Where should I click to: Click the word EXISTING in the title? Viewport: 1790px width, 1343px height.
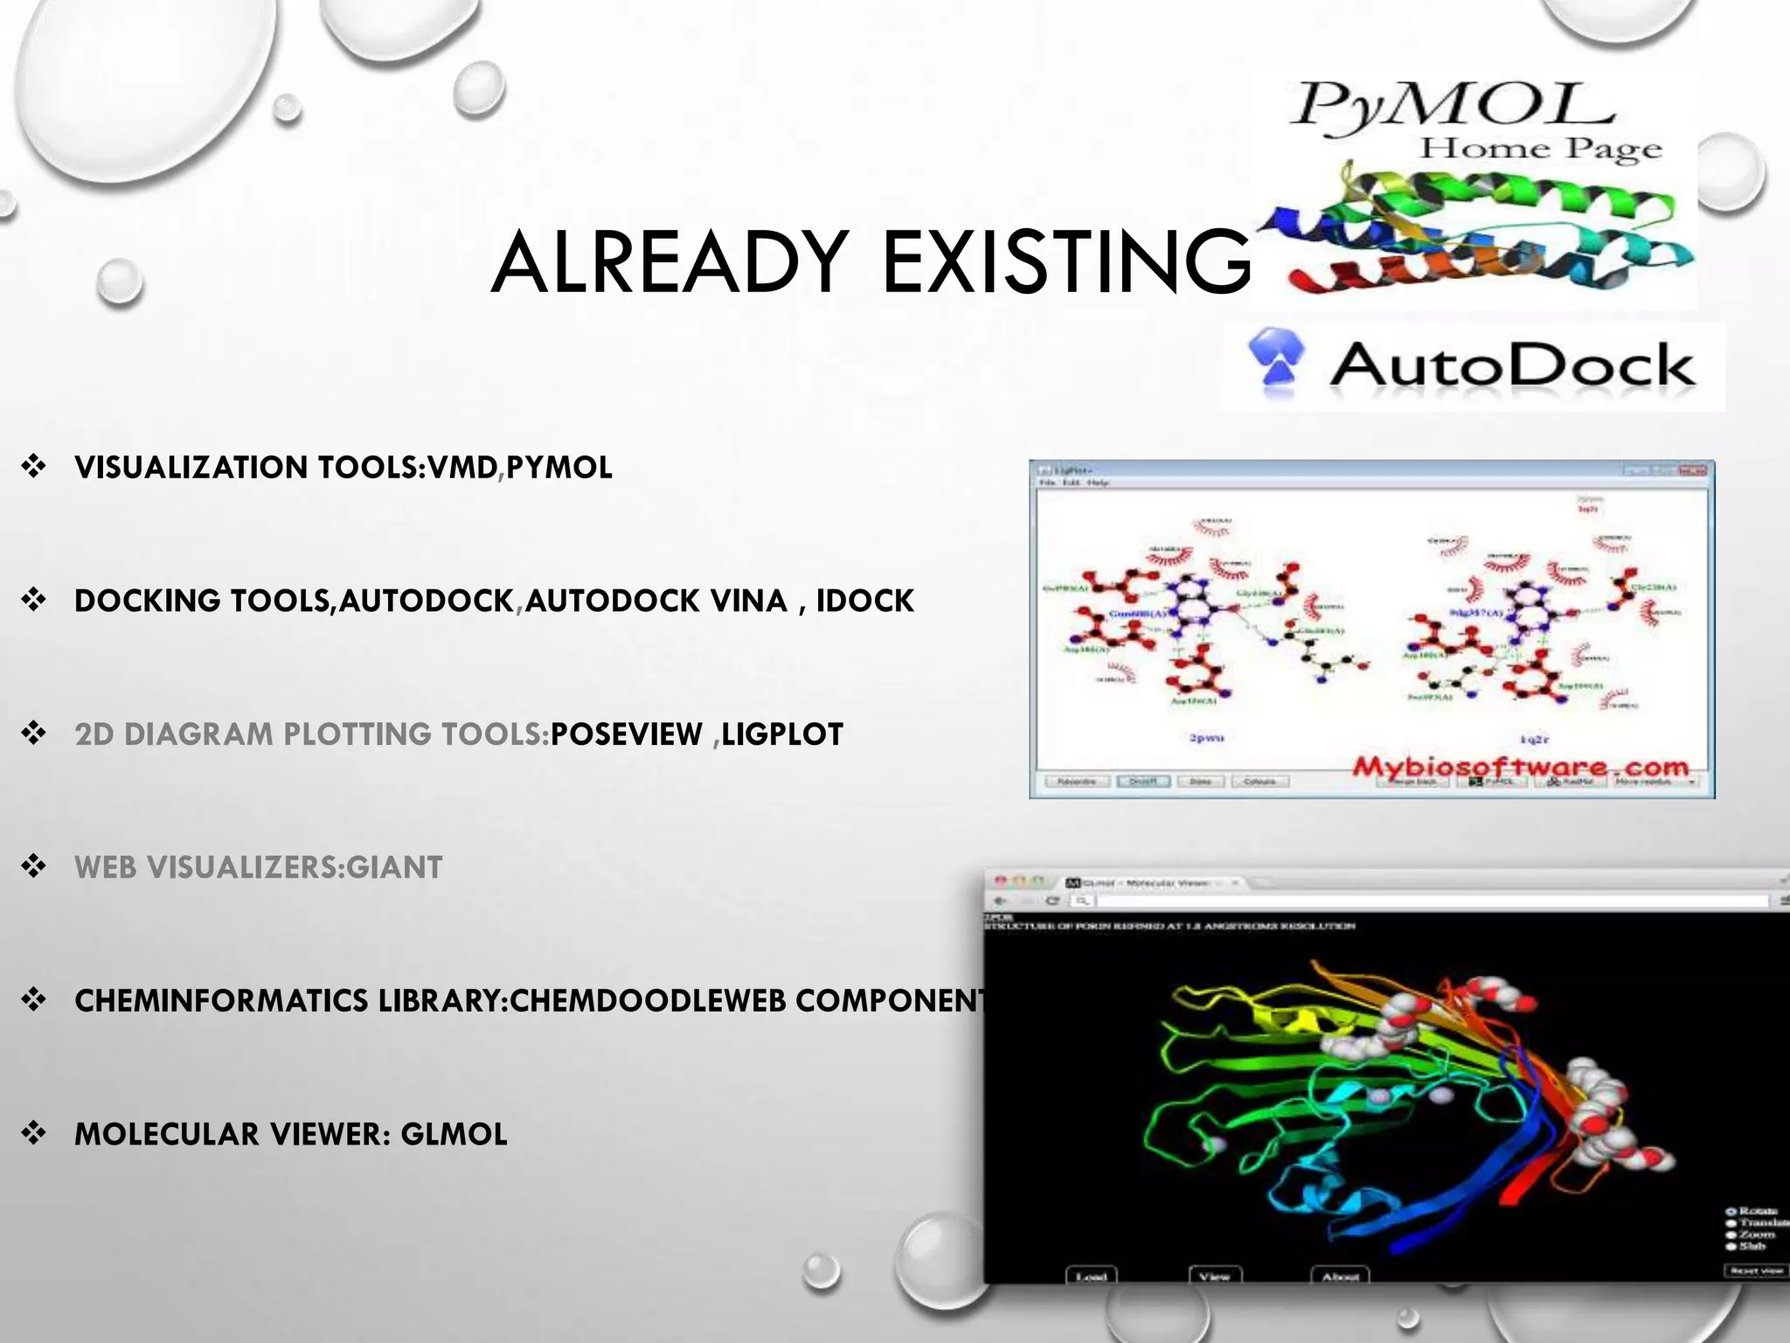click(1066, 262)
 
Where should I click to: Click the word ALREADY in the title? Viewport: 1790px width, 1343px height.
click(669, 262)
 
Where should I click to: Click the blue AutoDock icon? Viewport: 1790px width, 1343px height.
click(1277, 367)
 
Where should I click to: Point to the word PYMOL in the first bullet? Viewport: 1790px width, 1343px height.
click(559, 468)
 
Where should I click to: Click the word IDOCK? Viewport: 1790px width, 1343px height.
click(865, 602)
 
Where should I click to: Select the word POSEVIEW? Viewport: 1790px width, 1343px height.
click(627, 734)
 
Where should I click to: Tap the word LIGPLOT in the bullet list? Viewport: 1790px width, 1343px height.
click(782, 734)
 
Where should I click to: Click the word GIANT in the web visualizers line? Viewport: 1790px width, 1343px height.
click(395, 867)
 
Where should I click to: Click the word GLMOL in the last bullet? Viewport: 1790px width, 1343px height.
click(454, 1134)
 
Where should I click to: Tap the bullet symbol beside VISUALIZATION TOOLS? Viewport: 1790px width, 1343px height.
click(34, 467)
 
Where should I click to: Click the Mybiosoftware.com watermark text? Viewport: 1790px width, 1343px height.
click(1521, 767)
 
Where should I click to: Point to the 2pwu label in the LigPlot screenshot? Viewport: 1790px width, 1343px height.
click(1206, 738)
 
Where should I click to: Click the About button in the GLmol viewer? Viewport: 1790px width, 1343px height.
click(1340, 1277)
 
